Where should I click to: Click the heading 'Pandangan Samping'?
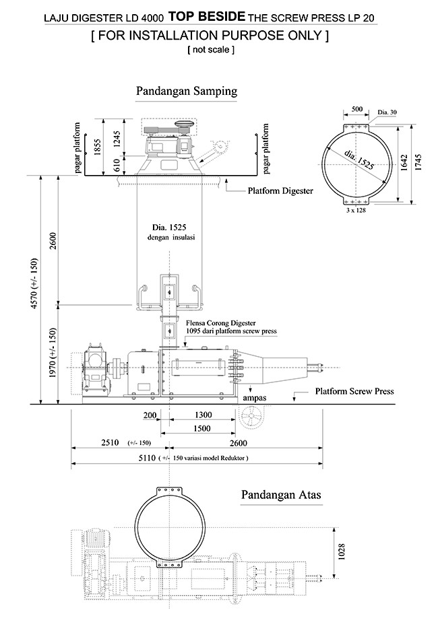186,90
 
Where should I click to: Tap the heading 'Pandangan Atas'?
281,495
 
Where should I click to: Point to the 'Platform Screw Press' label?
350,391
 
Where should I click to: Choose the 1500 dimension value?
200,429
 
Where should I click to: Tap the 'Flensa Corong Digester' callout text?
219,324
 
